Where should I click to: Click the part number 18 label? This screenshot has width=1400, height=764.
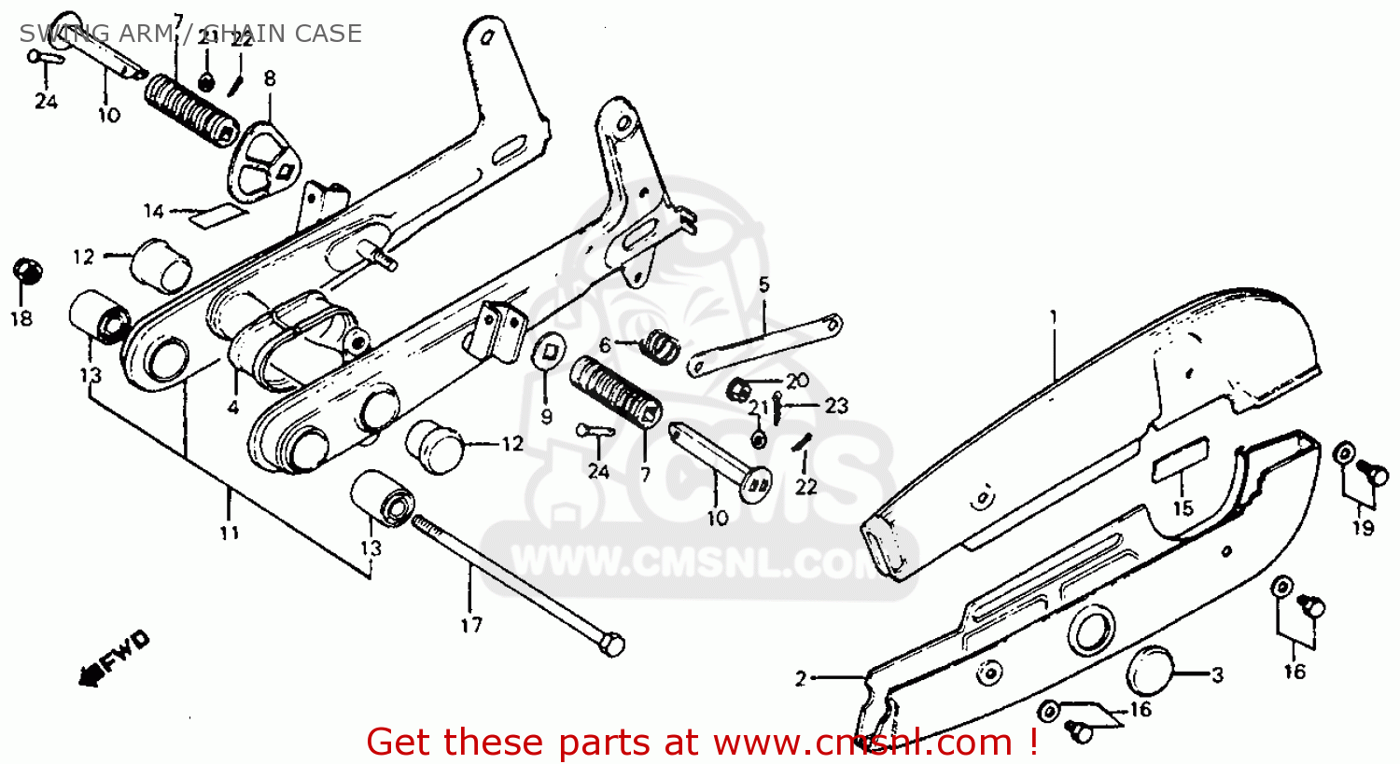21,319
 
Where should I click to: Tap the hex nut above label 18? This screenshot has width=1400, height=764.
27,271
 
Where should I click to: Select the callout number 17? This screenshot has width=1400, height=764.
471,625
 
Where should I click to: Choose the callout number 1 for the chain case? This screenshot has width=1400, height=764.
1054,317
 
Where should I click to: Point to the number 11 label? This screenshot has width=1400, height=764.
230,533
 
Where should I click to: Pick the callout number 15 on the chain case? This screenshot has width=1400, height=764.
1183,508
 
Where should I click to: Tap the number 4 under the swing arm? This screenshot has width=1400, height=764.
232,408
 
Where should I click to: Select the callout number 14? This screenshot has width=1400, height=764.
154,211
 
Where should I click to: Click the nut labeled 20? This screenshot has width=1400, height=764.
737,385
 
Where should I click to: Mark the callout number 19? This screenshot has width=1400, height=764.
1364,528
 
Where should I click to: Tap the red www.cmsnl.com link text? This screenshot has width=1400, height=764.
863,743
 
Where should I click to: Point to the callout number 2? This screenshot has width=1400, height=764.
800,679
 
